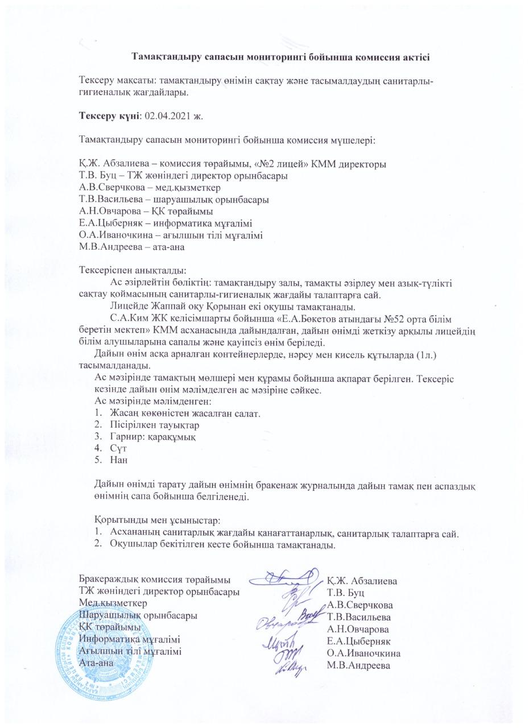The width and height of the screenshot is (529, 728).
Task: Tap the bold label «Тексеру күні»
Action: coord(110,116)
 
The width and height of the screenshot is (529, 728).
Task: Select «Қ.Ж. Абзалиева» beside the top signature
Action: coord(362,581)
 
